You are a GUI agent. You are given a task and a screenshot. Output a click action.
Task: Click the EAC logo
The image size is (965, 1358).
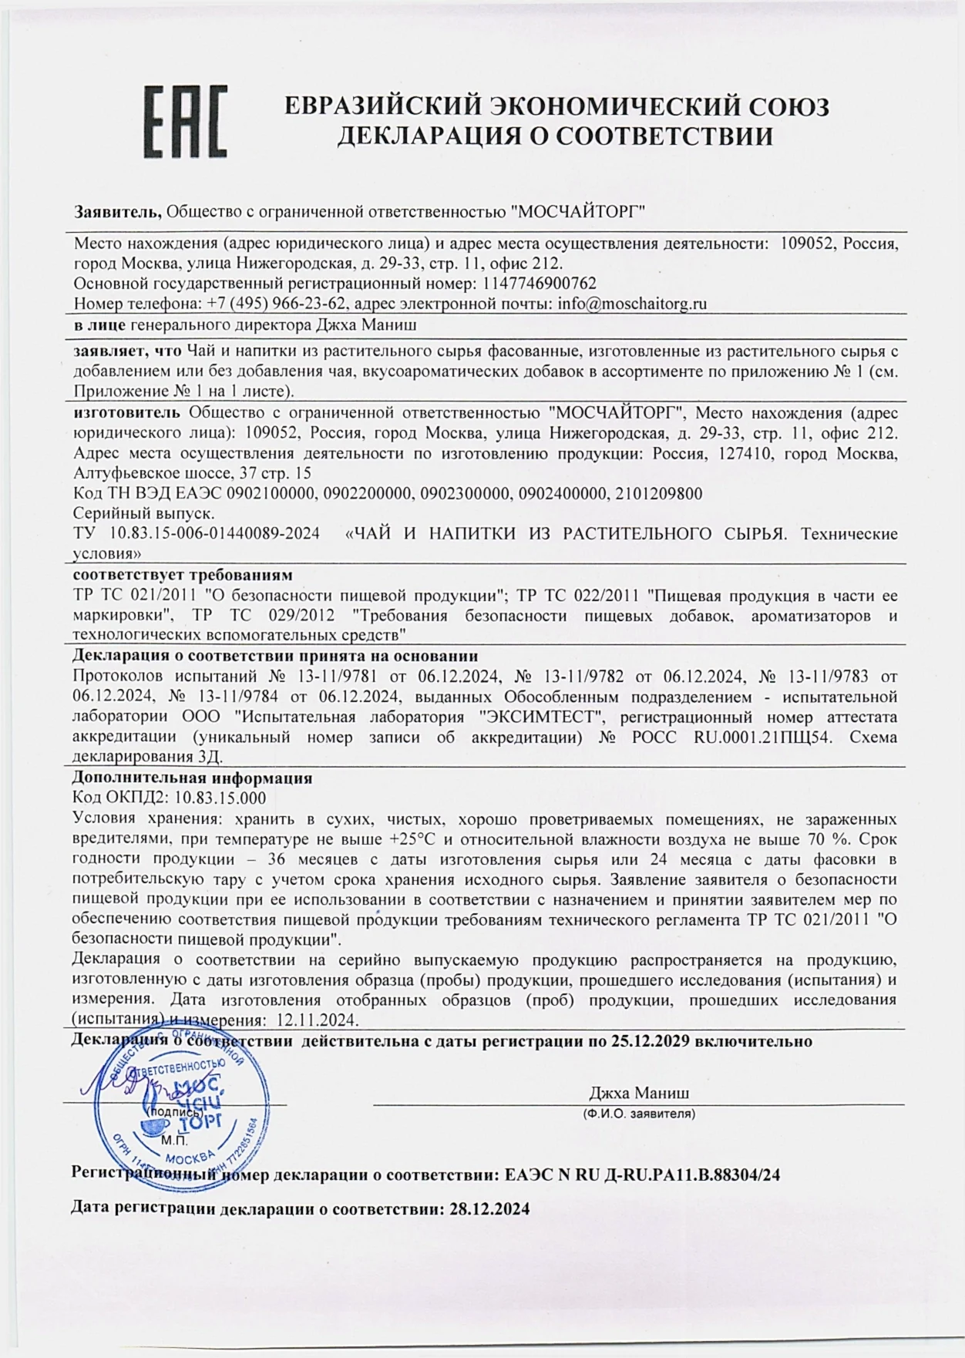click(x=186, y=122)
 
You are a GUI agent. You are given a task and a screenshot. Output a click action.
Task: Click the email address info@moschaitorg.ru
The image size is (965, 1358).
click(x=631, y=304)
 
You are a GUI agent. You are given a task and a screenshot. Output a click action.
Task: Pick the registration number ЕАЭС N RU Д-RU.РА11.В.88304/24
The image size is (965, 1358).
click(x=642, y=1175)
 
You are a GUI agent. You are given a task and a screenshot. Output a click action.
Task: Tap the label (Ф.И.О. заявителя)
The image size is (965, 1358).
click(x=639, y=1114)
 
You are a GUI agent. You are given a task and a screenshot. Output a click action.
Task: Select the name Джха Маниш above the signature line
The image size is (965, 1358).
click(x=639, y=1093)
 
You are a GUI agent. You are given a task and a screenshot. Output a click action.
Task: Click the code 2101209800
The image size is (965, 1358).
click(x=659, y=493)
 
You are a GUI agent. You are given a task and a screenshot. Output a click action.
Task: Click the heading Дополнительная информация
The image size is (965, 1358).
click(x=192, y=778)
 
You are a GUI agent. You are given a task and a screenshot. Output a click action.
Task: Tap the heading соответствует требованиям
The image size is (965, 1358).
click(x=182, y=576)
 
